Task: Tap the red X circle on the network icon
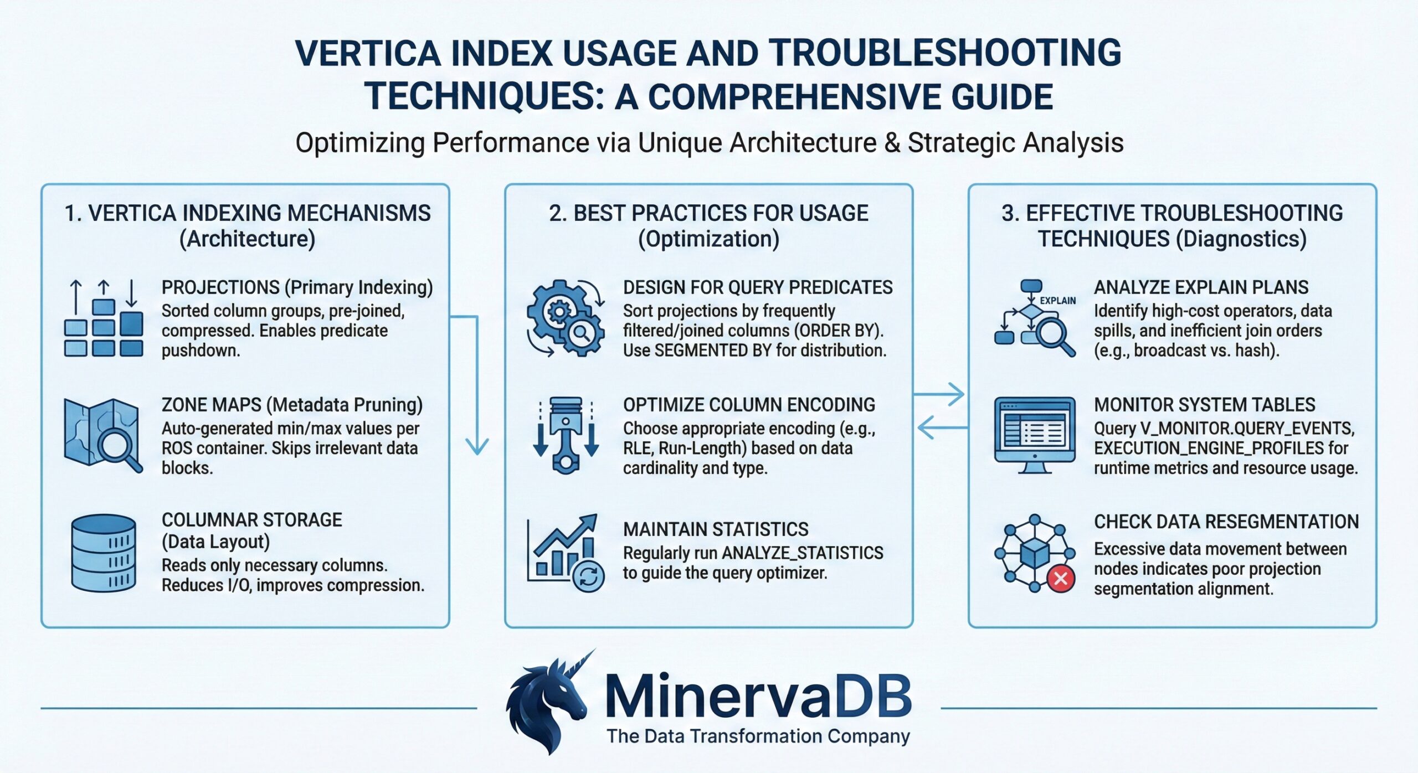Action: pyautogui.click(x=1061, y=579)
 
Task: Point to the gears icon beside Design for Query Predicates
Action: pyautogui.click(x=565, y=318)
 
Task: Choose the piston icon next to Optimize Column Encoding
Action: pyautogui.click(x=566, y=435)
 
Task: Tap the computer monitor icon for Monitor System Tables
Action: pyautogui.click(x=1035, y=435)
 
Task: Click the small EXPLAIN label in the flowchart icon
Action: pyautogui.click(x=1057, y=301)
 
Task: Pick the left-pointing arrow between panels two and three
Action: pyautogui.click(x=942, y=427)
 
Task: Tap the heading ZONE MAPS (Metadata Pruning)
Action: pyautogui.click(x=292, y=405)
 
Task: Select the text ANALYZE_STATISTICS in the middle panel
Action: pyautogui.click(x=803, y=553)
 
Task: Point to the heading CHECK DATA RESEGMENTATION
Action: pyautogui.click(x=1226, y=522)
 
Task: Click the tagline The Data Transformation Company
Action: pyautogui.click(x=758, y=736)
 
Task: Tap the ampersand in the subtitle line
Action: pyautogui.click(x=892, y=143)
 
